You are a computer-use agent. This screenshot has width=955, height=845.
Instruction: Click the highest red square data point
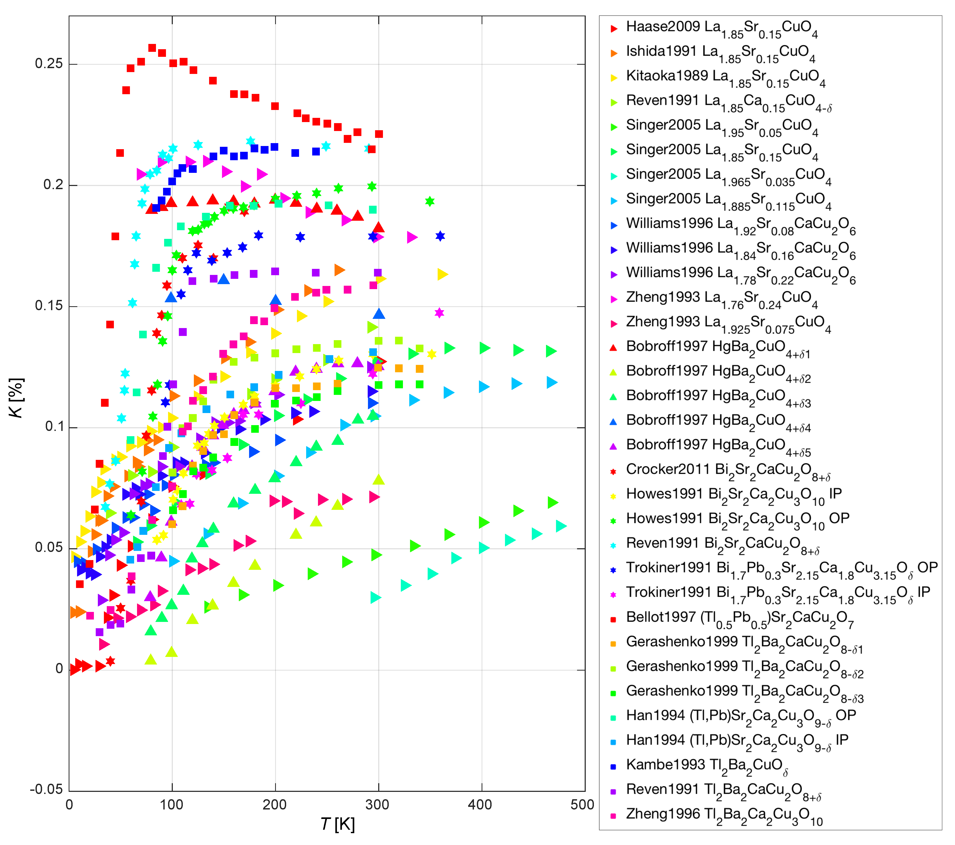coord(152,48)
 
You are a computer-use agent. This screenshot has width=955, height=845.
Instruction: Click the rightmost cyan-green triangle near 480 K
coord(561,526)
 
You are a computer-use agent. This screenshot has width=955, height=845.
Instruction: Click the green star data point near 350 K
coord(430,202)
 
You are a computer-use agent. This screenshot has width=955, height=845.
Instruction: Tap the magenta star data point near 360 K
coord(439,313)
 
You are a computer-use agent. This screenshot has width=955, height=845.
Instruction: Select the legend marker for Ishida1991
coord(614,53)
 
